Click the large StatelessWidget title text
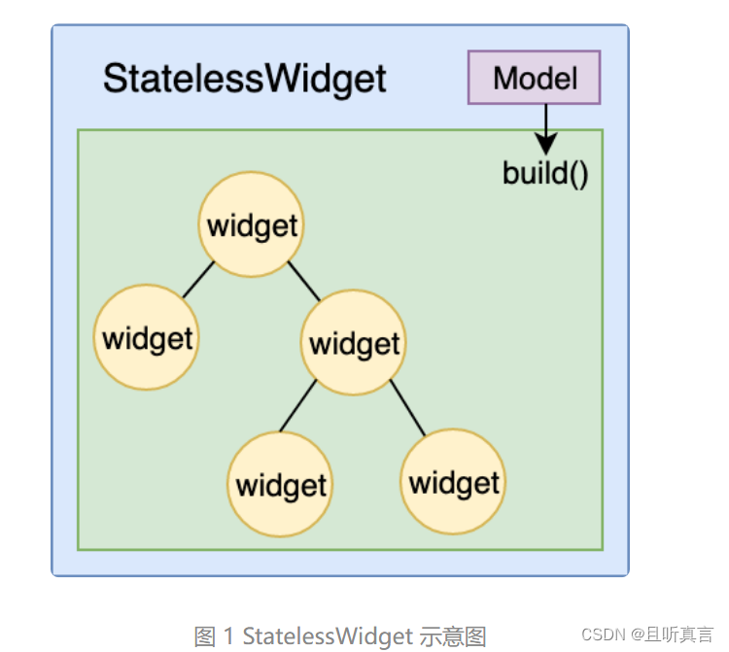pos(245,79)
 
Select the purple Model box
pos(535,77)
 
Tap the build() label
pos(545,173)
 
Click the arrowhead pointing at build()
pos(546,144)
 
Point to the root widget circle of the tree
pos(251,224)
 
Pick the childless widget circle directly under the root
pos(147,337)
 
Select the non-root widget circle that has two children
pos(354,342)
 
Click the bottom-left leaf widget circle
pos(280,484)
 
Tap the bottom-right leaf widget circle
pos(453,481)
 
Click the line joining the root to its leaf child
pos(198,279)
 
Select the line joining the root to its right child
pos(304,281)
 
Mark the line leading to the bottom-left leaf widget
pos(298,406)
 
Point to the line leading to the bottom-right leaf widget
pos(407,407)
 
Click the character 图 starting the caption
pos(204,636)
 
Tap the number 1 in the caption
pos(228,636)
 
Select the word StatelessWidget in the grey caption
pos(328,636)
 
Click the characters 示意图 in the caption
pos(453,636)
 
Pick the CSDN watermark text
pos(604,635)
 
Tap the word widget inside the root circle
pos(252,226)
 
